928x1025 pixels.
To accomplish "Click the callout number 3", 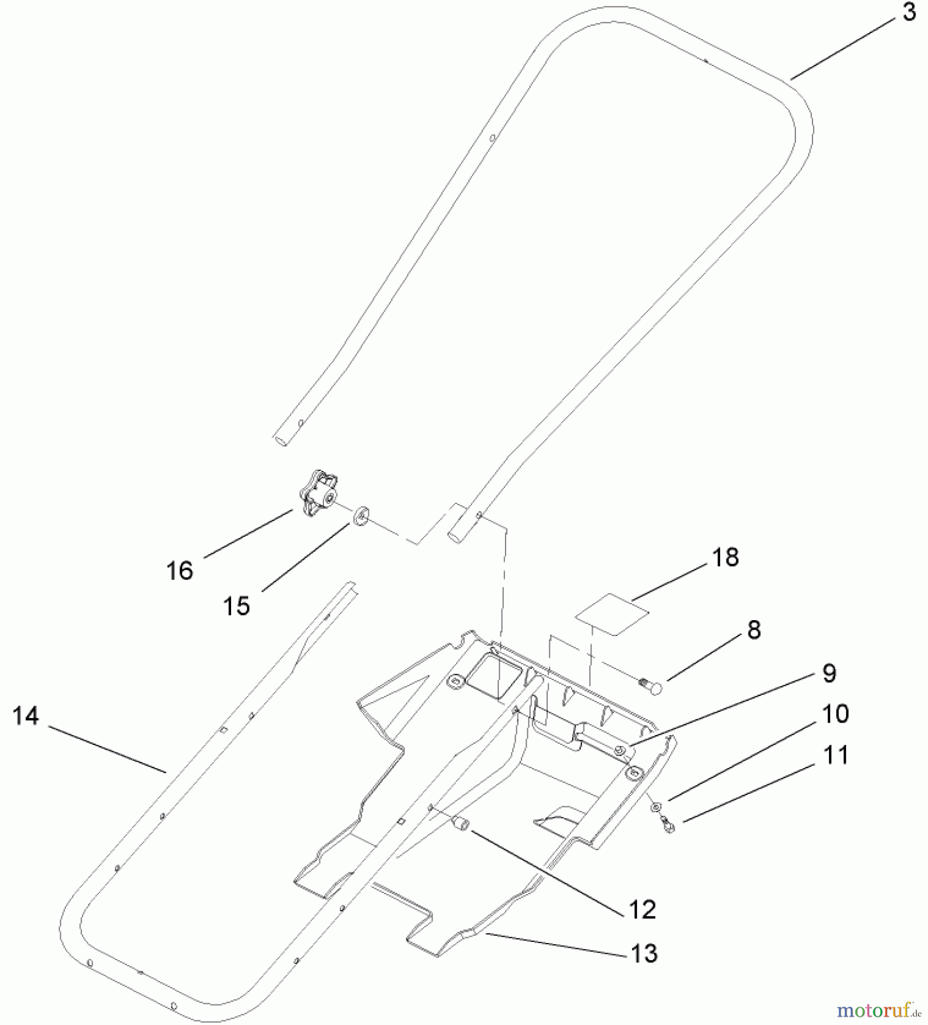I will pyautogui.click(x=909, y=12).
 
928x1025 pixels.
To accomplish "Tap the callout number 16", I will pyautogui.click(x=180, y=570).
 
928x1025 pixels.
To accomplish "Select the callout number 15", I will pyautogui.click(x=236, y=606).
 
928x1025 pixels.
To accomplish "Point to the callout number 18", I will pyautogui.click(x=725, y=557).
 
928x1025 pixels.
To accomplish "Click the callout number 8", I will pyautogui.click(x=753, y=630).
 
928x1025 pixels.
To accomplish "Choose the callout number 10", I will pyautogui.click(x=835, y=714).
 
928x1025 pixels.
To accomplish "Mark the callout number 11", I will pyautogui.click(x=836, y=755).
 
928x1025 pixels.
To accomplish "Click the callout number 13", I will pyautogui.click(x=644, y=953).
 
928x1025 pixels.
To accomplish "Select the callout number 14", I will pyautogui.click(x=26, y=716).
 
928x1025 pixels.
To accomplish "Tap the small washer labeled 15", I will pyautogui.click(x=360, y=517).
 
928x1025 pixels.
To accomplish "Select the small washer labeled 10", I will pyautogui.click(x=656, y=806).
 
